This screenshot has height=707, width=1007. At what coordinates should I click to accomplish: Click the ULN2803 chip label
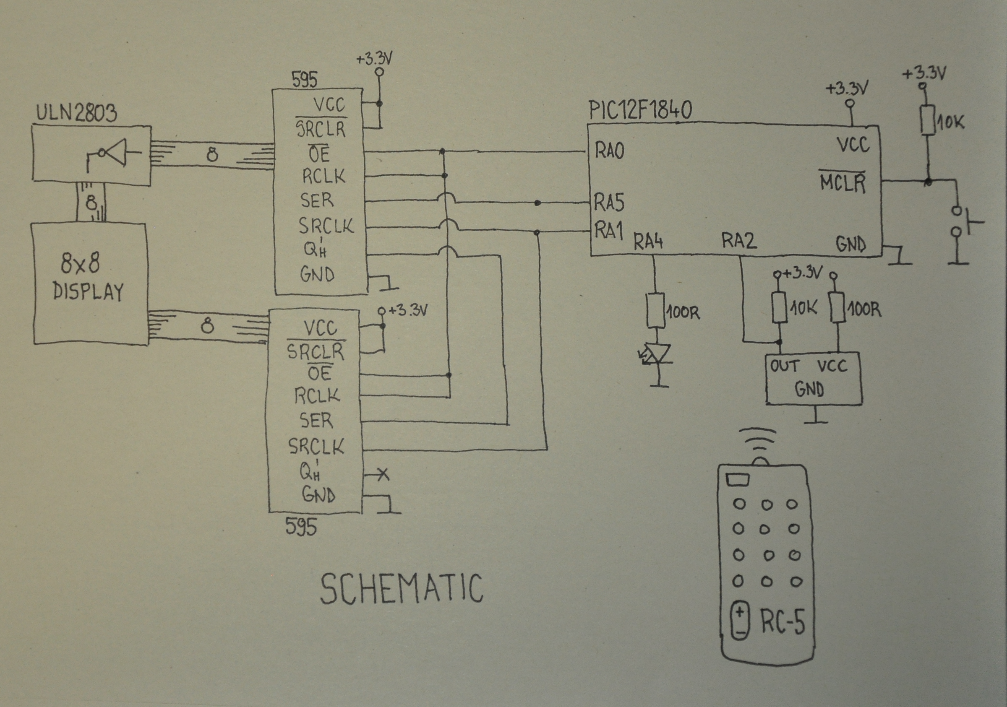76,112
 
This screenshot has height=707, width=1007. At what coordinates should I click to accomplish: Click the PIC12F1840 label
640,110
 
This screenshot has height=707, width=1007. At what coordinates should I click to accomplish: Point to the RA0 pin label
610,151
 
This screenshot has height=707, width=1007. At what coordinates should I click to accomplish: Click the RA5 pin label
609,203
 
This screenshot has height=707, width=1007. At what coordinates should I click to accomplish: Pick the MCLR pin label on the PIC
843,183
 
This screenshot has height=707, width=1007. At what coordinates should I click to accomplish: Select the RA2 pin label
739,241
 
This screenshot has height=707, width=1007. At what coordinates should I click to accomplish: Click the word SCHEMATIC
402,588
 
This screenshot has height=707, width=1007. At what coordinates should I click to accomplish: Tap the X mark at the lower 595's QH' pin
383,474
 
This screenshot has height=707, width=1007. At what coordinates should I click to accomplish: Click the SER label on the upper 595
317,200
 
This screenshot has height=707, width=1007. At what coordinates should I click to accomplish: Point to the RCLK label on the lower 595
317,395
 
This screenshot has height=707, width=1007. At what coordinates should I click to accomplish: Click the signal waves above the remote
757,440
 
